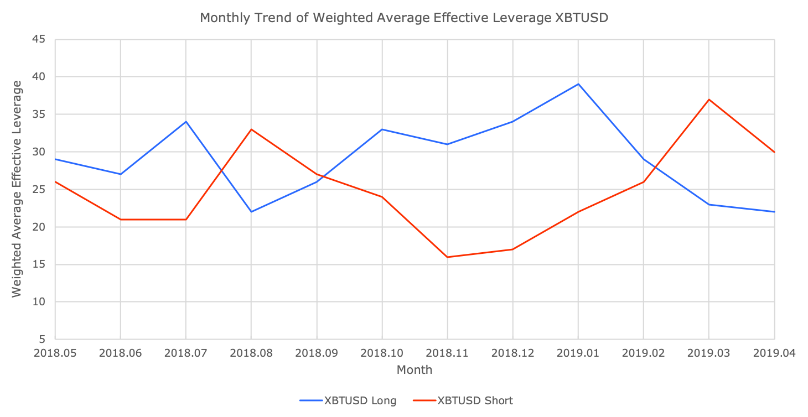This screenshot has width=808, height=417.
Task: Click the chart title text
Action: pos(404,18)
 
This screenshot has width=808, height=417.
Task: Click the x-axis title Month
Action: pos(414,370)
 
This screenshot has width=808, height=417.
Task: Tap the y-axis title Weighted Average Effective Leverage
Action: pos(17,189)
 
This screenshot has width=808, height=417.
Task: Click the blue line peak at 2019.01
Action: pos(578,84)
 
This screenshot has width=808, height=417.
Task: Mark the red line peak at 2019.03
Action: pos(708,100)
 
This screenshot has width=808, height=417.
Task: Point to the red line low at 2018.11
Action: pos(447,257)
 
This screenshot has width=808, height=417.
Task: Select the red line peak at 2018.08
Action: pos(251,129)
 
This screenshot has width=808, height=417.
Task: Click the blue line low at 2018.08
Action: pos(251,212)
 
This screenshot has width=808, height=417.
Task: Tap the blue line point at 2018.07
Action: pos(186,122)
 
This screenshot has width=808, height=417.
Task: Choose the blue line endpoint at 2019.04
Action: pos(774,212)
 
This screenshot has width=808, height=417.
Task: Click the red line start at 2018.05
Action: pos(56,181)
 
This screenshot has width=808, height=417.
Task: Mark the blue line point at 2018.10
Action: pos(382,129)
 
